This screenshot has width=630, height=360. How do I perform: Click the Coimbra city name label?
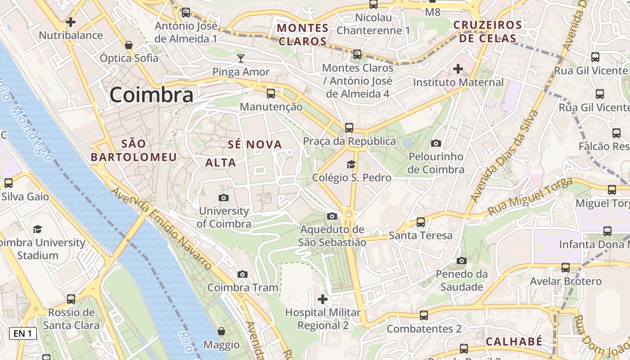(x=152, y=95)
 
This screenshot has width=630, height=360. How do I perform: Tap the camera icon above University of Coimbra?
(x=223, y=198)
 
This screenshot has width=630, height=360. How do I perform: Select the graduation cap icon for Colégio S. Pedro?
(x=351, y=165)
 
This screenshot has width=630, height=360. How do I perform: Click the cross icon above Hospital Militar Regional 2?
(x=323, y=299)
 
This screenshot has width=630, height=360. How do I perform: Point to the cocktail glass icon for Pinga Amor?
(x=241, y=58)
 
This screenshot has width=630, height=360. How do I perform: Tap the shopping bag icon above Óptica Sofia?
(x=129, y=45)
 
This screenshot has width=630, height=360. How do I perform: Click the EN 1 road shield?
(x=22, y=333)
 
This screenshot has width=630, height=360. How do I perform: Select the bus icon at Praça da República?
(x=349, y=128)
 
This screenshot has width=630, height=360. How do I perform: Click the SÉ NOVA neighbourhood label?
(x=255, y=144)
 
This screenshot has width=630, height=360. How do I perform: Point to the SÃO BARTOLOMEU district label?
(x=134, y=150)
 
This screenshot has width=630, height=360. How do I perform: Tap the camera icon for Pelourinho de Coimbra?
(x=436, y=144)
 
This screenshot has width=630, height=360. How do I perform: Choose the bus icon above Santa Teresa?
(x=421, y=222)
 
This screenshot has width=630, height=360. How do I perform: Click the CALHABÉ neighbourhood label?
(x=514, y=342)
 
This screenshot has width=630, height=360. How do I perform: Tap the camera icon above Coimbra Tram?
(x=243, y=274)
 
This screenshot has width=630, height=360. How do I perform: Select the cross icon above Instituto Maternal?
(x=458, y=69)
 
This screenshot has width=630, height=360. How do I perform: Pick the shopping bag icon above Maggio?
(x=221, y=332)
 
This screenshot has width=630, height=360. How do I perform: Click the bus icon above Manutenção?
(x=271, y=94)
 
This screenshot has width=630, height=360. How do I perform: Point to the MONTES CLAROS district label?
(x=302, y=35)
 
